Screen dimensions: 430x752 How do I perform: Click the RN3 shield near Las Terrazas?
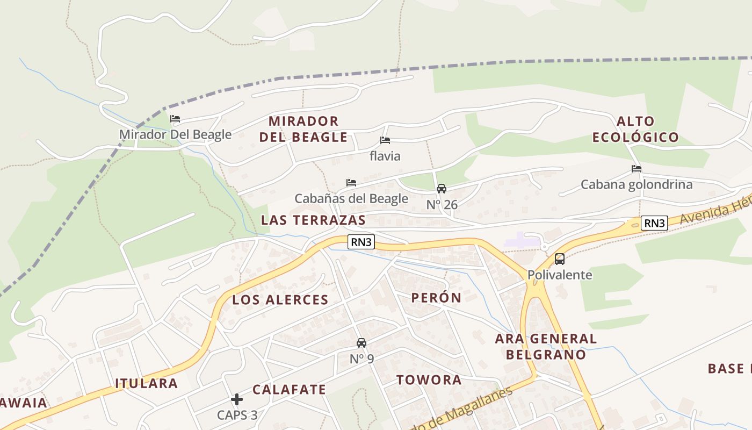[361, 242]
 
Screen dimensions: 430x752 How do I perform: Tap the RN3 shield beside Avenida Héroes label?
[654, 223]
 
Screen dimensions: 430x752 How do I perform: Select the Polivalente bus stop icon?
[559, 259]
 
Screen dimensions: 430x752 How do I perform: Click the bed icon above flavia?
[385, 140]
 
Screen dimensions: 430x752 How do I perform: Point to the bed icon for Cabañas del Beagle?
[351, 183]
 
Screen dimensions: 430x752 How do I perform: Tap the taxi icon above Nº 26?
[442, 189]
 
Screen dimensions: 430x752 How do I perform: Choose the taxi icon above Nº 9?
[361, 342]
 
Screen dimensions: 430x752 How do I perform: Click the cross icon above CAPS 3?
[237, 399]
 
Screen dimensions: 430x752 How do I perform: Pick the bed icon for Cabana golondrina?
[637, 169]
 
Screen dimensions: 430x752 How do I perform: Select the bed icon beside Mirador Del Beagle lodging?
[175, 119]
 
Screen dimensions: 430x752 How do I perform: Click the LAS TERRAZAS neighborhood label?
[313, 220]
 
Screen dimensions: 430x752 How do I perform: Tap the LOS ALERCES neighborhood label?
[280, 300]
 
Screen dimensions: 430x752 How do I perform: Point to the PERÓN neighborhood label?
[436, 298]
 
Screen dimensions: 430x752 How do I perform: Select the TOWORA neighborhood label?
[429, 380]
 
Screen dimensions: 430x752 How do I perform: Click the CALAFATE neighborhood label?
[289, 390]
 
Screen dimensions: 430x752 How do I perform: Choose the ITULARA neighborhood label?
[146, 383]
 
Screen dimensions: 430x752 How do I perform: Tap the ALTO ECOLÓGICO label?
[635, 129]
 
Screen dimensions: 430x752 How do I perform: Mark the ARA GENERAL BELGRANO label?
[546, 347]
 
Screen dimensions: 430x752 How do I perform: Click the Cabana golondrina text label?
[637, 185]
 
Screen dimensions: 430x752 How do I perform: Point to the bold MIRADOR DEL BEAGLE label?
[303, 129]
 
